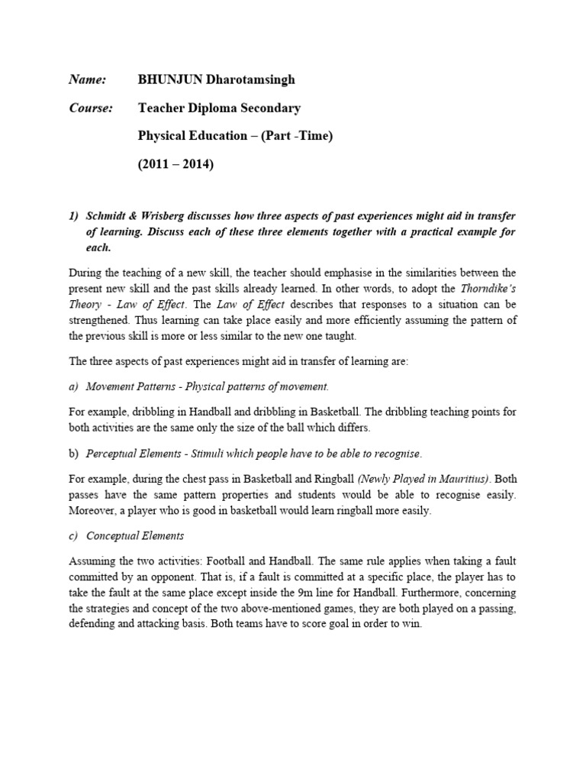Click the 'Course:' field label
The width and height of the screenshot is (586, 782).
(x=91, y=108)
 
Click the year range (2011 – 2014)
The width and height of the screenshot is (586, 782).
(x=175, y=164)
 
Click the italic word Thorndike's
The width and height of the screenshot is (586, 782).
(x=490, y=288)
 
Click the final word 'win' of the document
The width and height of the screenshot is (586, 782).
(x=411, y=623)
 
